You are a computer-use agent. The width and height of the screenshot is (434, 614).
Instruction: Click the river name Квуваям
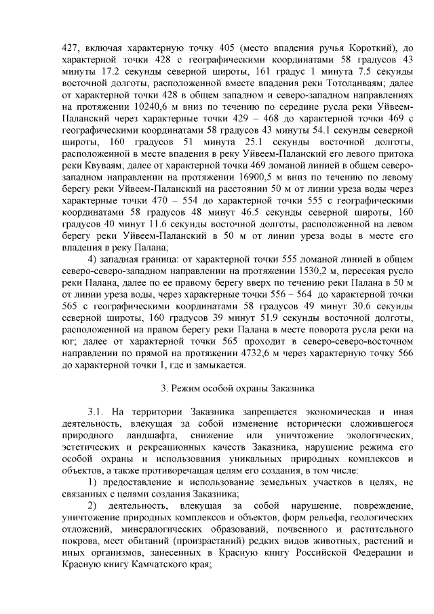pyautogui.click(x=106, y=165)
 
